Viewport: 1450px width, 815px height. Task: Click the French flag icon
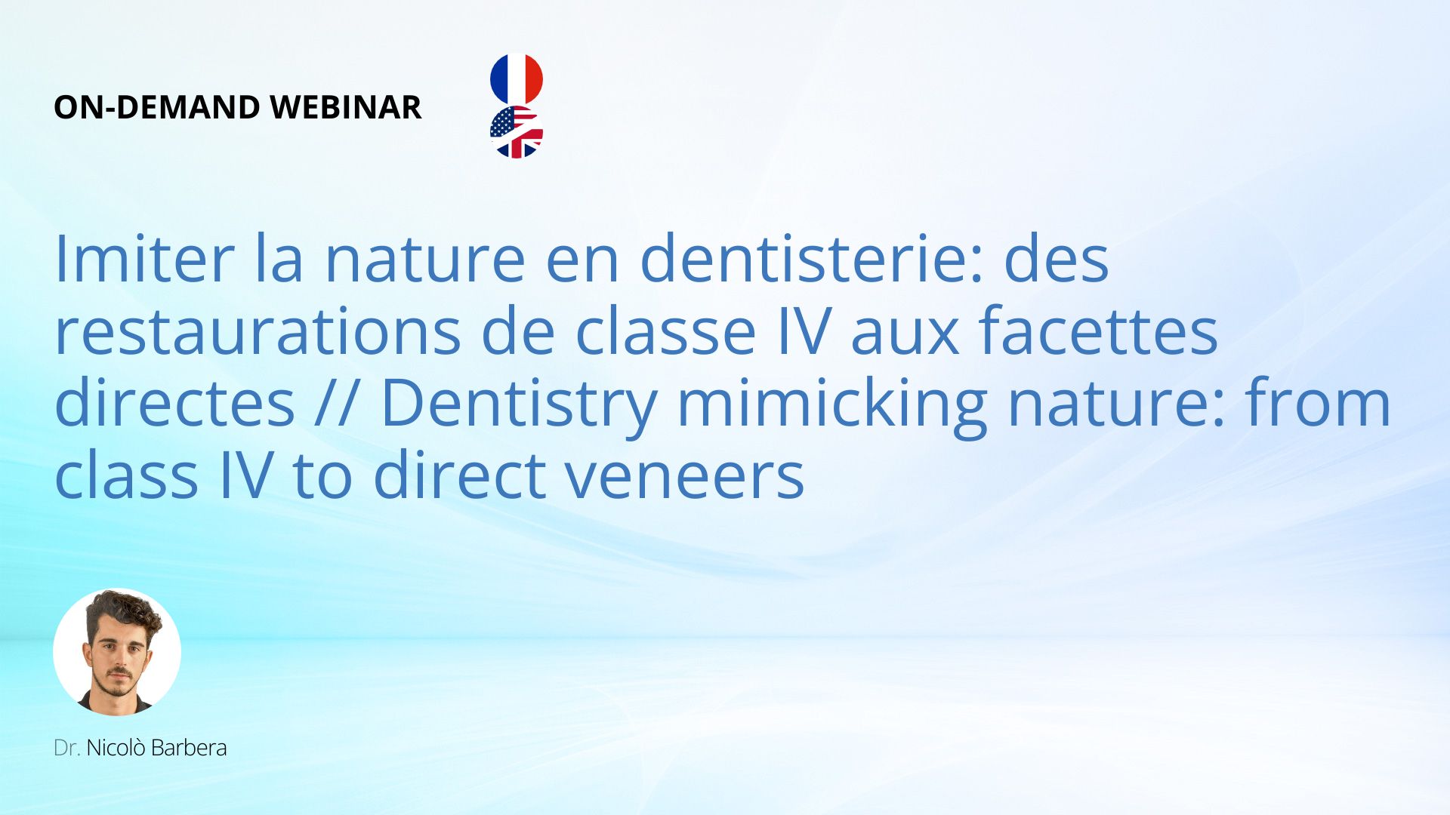point(517,78)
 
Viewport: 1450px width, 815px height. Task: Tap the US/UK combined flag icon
point(517,132)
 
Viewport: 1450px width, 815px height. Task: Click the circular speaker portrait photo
point(117,652)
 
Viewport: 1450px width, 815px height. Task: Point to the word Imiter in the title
point(144,258)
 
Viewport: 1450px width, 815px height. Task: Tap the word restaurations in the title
point(258,331)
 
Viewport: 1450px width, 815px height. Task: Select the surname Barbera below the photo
point(189,748)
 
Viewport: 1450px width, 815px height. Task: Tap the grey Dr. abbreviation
point(67,748)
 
